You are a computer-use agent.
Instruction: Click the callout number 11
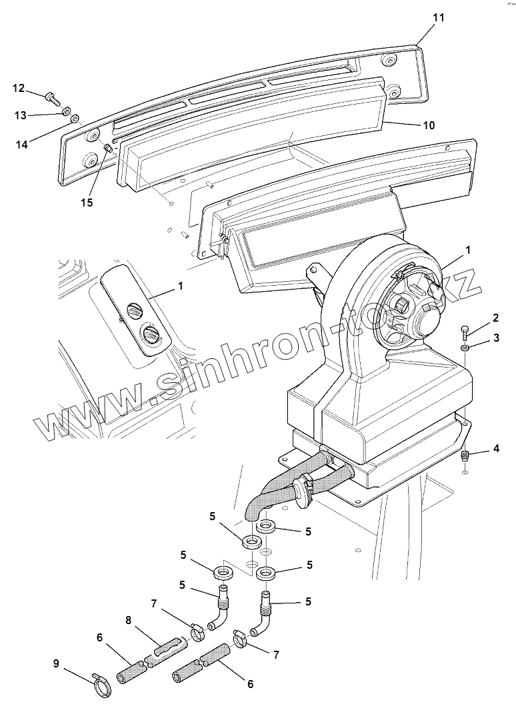click(437, 18)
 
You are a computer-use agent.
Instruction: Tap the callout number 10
click(429, 125)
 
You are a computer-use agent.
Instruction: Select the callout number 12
click(19, 88)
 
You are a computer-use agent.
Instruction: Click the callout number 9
click(57, 663)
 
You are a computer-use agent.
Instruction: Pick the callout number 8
click(129, 619)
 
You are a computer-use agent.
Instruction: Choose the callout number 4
click(495, 449)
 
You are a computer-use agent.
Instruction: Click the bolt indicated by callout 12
click(53, 98)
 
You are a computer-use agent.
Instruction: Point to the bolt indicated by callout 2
click(464, 330)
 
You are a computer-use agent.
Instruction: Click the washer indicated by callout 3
click(465, 347)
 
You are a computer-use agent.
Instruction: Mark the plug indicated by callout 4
click(465, 456)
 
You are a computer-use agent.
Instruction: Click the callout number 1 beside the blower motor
click(468, 250)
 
